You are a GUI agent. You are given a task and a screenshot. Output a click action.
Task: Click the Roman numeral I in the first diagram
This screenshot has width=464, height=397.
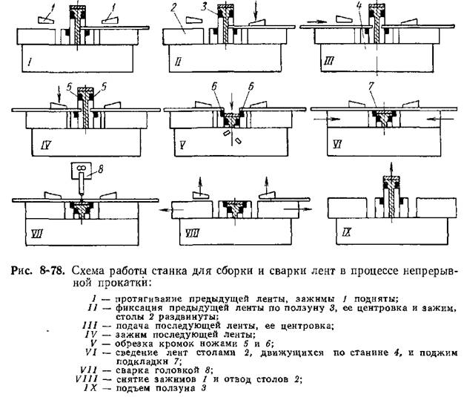click(x=30, y=62)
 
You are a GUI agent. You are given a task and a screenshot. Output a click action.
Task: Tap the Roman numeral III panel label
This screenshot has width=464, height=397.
click(x=329, y=61)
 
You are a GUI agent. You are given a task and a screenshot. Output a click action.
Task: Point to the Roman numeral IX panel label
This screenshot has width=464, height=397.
click(x=347, y=232)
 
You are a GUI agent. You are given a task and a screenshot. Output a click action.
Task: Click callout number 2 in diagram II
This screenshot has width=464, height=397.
click(x=173, y=8)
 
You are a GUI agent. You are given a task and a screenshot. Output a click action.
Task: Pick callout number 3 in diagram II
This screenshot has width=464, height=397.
click(x=204, y=7)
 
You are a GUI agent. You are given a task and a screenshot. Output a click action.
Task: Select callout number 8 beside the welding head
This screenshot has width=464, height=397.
click(x=100, y=169)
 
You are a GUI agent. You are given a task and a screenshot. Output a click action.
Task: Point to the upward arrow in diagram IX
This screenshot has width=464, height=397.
click(x=392, y=170)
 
